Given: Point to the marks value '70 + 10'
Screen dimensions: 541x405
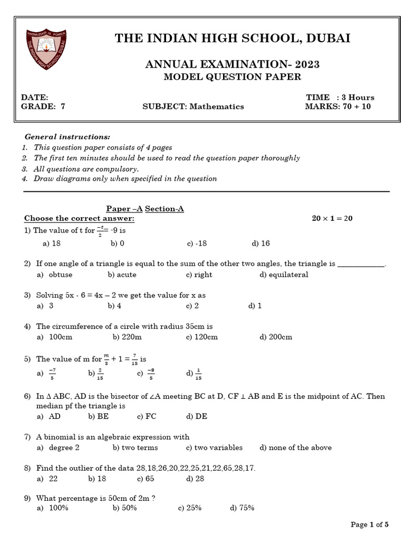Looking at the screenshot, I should tap(363, 106).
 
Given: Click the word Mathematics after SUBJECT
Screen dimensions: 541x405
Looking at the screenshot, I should tap(217, 106).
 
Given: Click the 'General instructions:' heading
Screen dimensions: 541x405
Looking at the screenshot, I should tap(67, 136).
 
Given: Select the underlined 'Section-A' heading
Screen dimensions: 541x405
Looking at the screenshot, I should tap(164, 209).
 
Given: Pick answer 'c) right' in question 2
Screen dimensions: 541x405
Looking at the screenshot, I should tap(199, 275).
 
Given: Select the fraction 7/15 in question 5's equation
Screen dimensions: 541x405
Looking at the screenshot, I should tap(134, 359).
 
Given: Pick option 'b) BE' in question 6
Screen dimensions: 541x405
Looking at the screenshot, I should tap(99, 416).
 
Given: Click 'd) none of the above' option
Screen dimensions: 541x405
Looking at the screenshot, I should tap(295, 447).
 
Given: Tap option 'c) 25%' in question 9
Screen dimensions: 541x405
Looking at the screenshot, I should tap(190, 508).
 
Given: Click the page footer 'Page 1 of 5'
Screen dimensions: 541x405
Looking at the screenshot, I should tap(370, 525).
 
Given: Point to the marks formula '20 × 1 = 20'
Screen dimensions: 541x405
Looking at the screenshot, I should tap(332, 218).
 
